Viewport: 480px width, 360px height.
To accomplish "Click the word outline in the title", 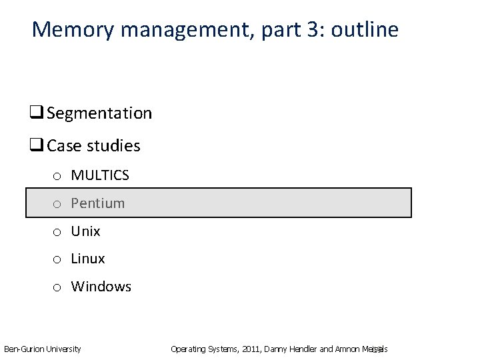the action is coord(366,30).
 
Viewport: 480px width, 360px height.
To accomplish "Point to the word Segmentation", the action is coord(99,113).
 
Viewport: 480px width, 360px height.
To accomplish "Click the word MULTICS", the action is coord(100,176).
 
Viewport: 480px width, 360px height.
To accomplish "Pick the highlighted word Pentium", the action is coord(98,203).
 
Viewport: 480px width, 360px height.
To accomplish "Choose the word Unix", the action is coord(86,231).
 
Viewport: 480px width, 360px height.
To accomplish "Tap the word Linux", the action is coord(88,259).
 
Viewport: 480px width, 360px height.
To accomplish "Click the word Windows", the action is coord(101,287).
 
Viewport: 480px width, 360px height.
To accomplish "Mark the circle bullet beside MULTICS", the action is coord(58,177).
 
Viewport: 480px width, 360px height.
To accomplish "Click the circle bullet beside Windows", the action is coord(58,287).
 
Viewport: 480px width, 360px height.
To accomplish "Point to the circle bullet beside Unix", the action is coord(58,232).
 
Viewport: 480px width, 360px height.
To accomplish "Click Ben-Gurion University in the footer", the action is coord(43,349).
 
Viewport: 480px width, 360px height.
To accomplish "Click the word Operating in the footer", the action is coord(187,349).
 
